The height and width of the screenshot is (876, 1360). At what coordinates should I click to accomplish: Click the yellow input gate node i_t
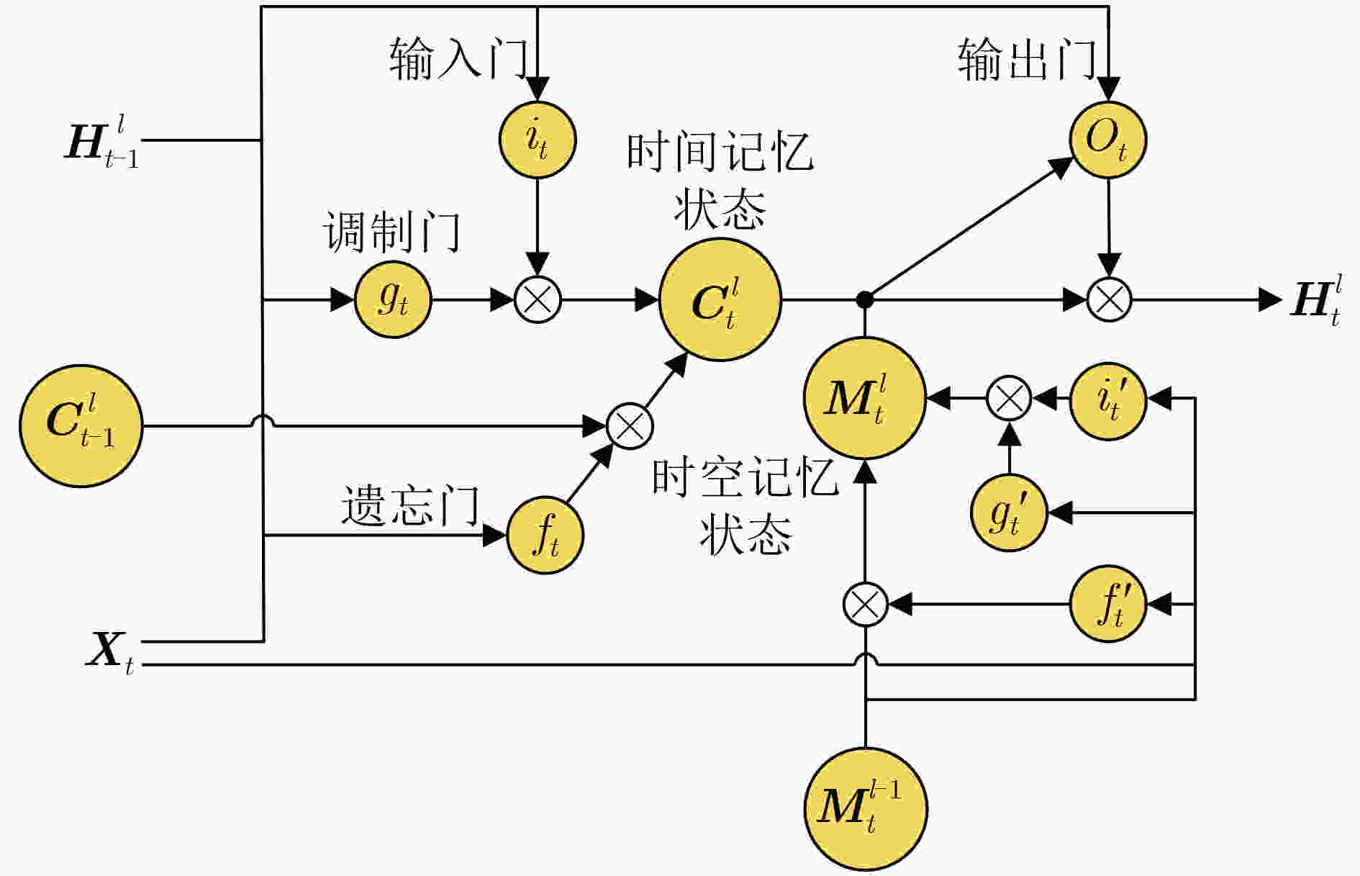pos(538,140)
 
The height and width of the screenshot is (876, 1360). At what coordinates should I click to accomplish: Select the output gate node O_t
pos(1107,140)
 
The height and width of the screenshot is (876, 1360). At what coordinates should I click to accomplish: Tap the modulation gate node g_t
pos(393,299)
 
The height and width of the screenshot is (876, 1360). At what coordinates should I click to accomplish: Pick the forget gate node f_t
pos(545,536)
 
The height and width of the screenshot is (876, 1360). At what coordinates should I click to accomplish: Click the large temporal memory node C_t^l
pos(720,300)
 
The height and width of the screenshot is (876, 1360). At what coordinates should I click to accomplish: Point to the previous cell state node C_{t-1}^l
pos(81,426)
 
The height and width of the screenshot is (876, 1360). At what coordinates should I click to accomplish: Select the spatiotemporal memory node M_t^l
pos(864,398)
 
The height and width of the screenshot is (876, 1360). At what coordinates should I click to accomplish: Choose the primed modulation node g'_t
pos(1009,513)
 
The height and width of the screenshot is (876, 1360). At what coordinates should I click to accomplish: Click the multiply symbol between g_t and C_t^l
pos(538,299)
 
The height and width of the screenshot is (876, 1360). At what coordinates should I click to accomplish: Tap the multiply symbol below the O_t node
pos(1108,299)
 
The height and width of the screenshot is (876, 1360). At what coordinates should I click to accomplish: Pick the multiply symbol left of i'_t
pos(1009,398)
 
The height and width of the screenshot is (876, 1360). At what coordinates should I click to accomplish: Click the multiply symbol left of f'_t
pos(865,604)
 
